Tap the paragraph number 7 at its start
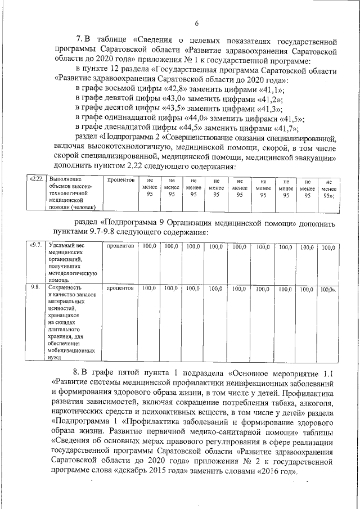point(79,41)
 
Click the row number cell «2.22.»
point(36,179)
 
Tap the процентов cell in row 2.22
point(119,179)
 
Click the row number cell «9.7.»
point(35,246)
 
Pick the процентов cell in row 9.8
point(119,288)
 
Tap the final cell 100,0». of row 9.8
point(327,289)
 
